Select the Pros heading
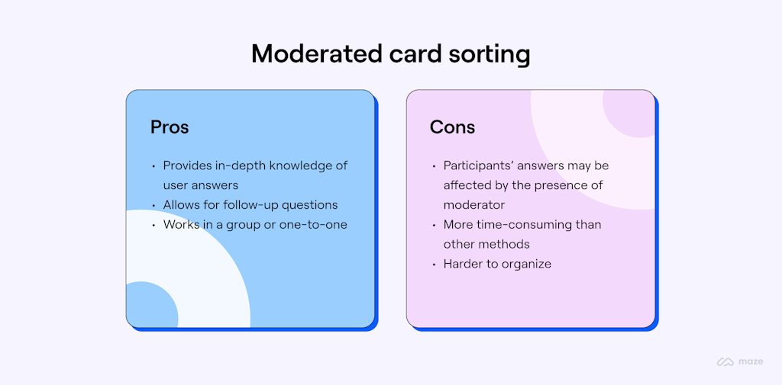coord(170,127)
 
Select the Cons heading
coord(452,127)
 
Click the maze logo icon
coord(725,361)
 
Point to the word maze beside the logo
coord(750,362)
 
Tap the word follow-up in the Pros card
coord(254,205)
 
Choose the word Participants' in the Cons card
coord(479,165)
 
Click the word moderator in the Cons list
coord(474,205)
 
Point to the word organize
coord(526,265)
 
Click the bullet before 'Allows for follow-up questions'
coord(153,205)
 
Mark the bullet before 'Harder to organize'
coord(434,265)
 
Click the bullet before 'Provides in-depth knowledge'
coord(153,165)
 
